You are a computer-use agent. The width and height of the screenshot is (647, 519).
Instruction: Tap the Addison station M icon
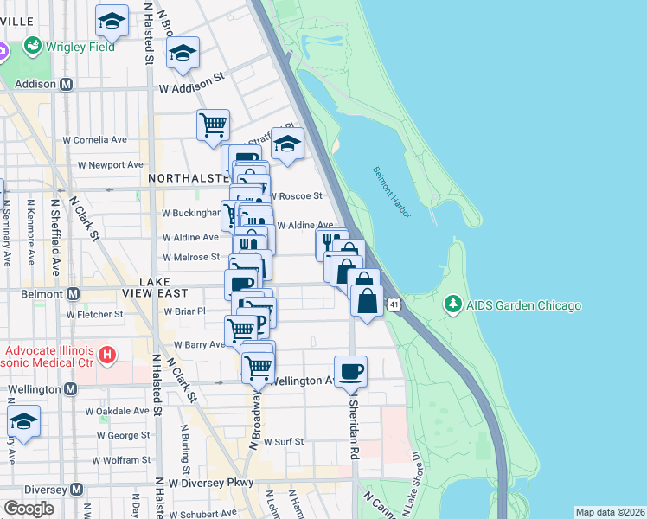67,85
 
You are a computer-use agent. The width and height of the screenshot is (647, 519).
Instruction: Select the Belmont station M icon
73,293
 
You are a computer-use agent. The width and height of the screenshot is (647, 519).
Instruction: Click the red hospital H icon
106,355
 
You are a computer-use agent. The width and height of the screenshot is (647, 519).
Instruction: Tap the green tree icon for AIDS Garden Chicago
452,304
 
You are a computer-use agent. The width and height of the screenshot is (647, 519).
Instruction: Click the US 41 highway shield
394,304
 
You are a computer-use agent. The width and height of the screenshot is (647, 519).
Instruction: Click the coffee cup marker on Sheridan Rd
350,371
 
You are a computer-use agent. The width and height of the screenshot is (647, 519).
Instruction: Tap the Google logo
29,509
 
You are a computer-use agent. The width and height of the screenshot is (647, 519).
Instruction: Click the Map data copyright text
609,512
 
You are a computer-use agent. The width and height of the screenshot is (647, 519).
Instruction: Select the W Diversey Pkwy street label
211,482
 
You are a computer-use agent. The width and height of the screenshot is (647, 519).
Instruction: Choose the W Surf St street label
284,441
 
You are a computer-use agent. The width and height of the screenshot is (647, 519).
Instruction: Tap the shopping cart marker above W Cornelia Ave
212,125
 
